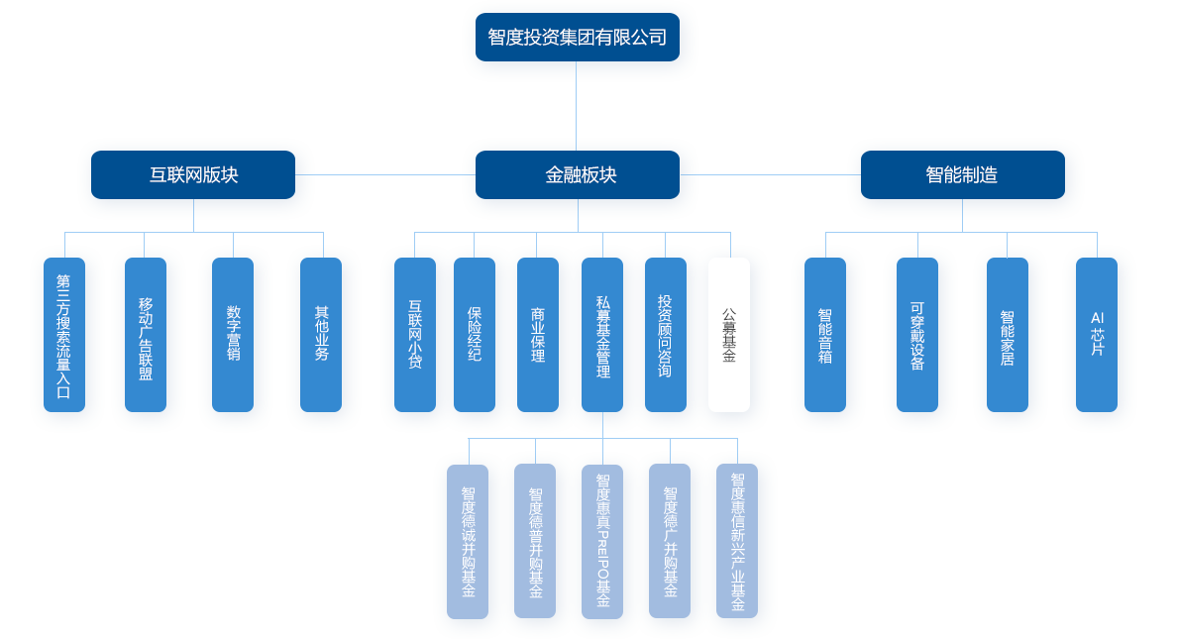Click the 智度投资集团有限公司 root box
point(577,38)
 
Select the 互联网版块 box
point(193,175)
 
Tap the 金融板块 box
point(578,175)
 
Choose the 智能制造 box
point(962,175)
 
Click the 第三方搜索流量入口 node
point(64,335)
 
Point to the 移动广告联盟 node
point(146,335)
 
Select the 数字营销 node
point(233,335)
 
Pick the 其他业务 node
point(321,335)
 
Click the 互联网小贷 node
point(415,335)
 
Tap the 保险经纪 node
point(475,335)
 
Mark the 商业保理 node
point(537,335)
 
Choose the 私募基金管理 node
point(602,335)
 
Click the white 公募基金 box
point(729,335)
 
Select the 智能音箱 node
point(825,335)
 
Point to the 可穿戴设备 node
point(917,335)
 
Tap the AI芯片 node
point(1097,335)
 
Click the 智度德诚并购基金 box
point(468,541)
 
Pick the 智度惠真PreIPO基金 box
point(602,541)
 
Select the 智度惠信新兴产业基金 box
point(737,541)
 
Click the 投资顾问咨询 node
point(666,335)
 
